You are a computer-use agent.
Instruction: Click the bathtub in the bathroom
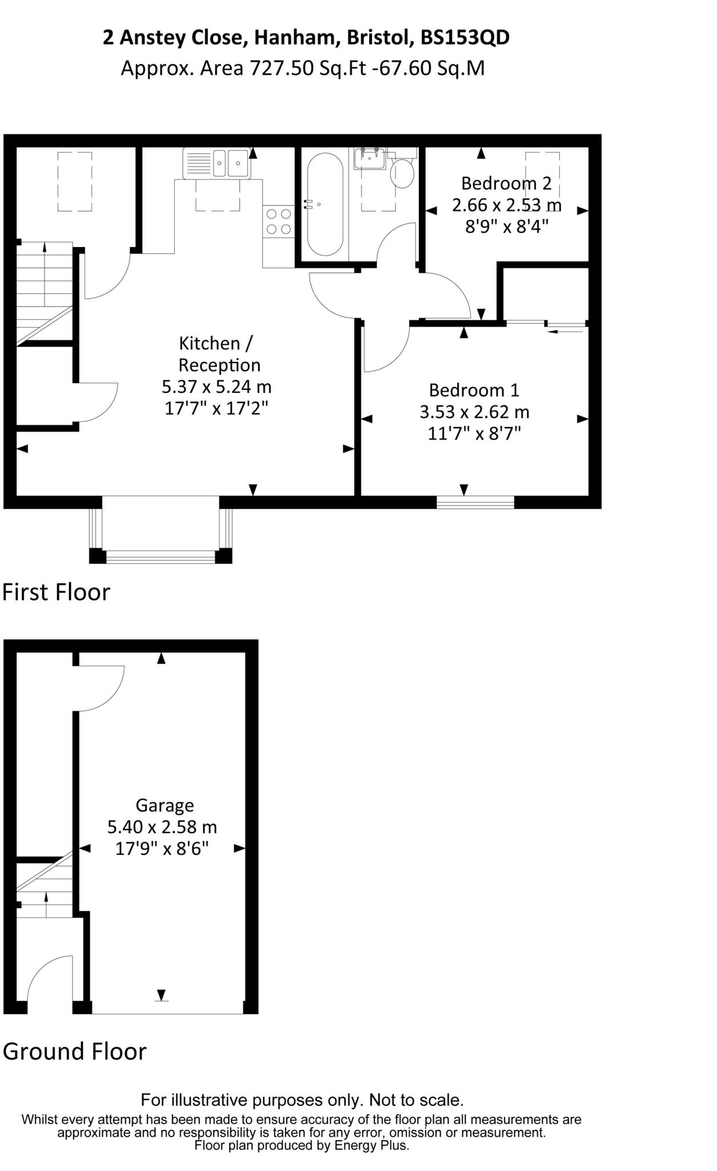[x=325, y=204]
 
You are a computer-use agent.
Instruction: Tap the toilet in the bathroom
[x=402, y=173]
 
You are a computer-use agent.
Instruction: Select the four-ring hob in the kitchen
[x=279, y=221]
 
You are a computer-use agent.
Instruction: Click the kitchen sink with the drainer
[x=217, y=162]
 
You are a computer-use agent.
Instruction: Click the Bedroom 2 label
[x=506, y=184]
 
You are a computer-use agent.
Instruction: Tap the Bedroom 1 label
[x=474, y=390]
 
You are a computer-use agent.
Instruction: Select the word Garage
[x=165, y=806]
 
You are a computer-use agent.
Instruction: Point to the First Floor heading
[x=56, y=592]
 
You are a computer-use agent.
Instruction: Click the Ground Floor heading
[x=75, y=1051]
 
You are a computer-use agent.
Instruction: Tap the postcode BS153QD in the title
[x=465, y=38]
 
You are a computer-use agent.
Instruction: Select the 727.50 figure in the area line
[x=282, y=69]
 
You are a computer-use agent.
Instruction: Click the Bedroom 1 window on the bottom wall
[x=475, y=503]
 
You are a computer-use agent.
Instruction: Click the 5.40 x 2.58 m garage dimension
[x=162, y=827]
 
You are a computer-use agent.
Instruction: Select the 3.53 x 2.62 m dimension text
[x=474, y=412]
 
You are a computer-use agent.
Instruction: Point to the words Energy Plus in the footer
[x=371, y=1145]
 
